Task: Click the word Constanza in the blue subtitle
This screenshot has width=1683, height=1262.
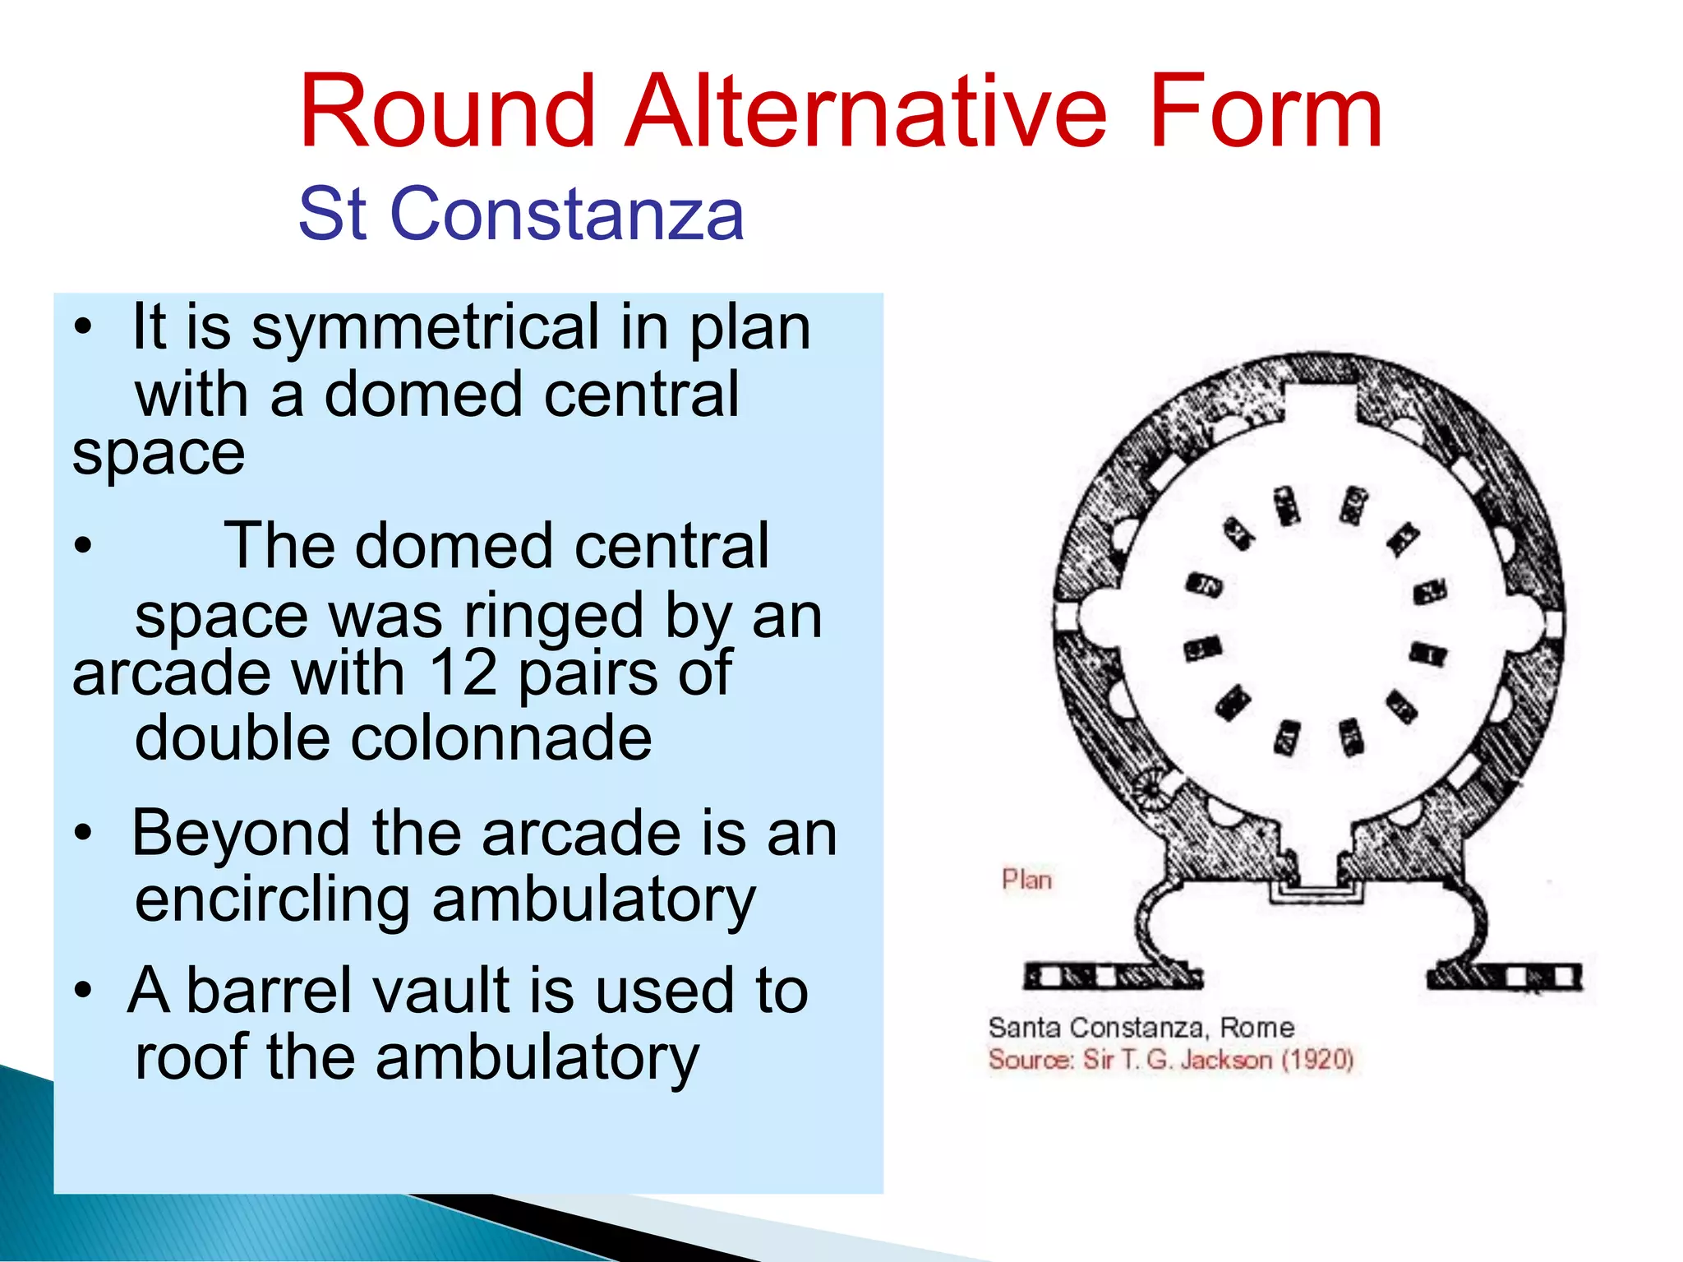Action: tap(567, 214)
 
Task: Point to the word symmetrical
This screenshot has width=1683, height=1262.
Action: tap(425, 328)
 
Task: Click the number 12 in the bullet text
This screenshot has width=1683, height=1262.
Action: tap(463, 673)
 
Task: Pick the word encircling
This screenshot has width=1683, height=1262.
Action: tap(272, 899)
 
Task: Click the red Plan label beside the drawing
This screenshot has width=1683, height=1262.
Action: tap(1026, 880)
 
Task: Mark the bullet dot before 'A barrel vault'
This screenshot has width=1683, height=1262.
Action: tap(82, 991)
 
